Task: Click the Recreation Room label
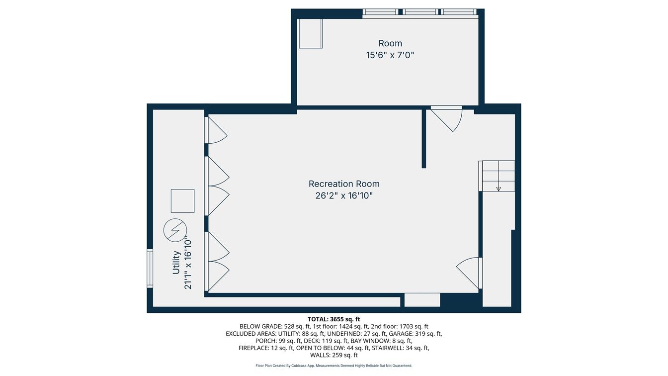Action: pos(344,184)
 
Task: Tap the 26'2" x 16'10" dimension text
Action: pos(344,196)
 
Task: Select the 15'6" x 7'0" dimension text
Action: pos(390,55)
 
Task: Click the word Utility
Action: pos(176,262)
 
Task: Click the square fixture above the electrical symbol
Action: pos(182,201)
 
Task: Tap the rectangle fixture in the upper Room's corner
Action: pos(311,33)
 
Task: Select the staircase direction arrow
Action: pos(499,188)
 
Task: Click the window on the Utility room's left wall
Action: pos(150,269)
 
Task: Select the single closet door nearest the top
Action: pos(216,130)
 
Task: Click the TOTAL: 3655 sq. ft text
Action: pos(334,319)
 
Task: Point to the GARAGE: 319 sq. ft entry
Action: pos(417,334)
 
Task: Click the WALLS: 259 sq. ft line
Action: pos(334,355)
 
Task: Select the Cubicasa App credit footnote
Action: pos(334,366)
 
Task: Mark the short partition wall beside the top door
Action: pos(424,138)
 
